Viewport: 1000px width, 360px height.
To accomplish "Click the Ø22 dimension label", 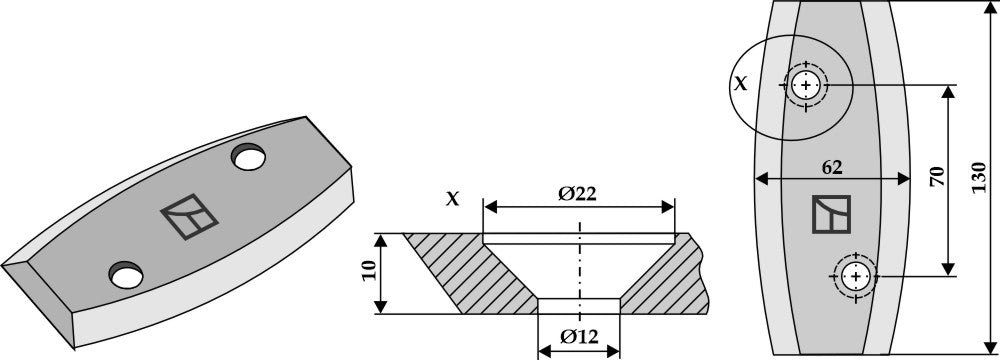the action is [x=577, y=194].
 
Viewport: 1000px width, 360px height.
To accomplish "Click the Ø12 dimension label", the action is [x=579, y=336].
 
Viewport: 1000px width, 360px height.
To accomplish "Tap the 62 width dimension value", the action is [x=832, y=167].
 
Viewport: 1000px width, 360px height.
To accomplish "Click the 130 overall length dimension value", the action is [x=979, y=178].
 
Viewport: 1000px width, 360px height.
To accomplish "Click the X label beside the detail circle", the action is [x=740, y=83].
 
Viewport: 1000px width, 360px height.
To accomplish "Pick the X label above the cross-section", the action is [x=452, y=199].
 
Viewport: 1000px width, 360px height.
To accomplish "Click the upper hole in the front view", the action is [x=806, y=85].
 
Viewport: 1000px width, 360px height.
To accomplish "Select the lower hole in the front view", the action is [x=855, y=276].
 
